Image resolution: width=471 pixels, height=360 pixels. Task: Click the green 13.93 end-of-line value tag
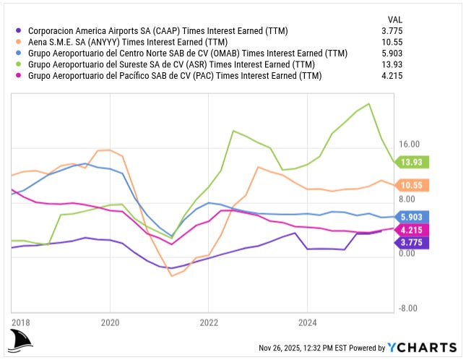[x=414, y=162]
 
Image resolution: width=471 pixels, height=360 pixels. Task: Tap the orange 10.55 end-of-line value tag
[x=414, y=186]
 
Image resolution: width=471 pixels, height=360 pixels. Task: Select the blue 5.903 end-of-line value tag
[x=414, y=217]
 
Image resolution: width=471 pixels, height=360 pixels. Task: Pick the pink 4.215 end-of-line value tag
[x=414, y=229]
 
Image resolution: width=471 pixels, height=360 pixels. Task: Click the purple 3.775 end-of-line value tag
[x=414, y=242]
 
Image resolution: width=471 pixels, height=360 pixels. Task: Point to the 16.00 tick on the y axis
[x=410, y=145]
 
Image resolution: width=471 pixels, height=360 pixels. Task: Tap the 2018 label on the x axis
[x=22, y=322]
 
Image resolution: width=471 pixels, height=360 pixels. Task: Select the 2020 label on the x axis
[x=110, y=322]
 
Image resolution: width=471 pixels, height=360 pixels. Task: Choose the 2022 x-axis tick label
[x=209, y=322]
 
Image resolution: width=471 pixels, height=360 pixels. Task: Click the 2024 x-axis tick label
[x=308, y=322]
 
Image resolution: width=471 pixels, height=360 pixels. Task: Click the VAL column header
[x=395, y=20]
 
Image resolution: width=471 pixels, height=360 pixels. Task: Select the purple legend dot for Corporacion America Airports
[x=18, y=31]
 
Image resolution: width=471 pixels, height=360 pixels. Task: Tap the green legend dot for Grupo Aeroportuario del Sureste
[x=18, y=64]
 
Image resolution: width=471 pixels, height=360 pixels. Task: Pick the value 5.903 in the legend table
[x=391, y=53]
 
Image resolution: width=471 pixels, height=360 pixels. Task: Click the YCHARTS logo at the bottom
[x=422, y=348]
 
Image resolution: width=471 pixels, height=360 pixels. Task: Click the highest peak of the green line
[x=369, y=104]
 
